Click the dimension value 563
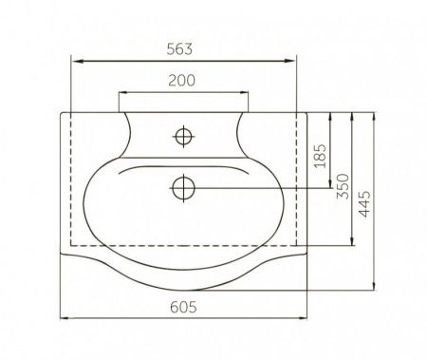click(x=179, y=49)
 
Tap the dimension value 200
click(x=181, y=81)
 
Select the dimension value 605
click(x=183, y=307)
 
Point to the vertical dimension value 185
click(x=321, y=156)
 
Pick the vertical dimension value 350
click(x=343, y=186)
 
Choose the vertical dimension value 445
click(x=364, y=204)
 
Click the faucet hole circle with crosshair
click(x=183, y=137)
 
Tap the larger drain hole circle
click(x=183, y=188)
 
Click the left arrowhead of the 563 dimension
click(x=77, y=61)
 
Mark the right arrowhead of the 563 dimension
click(x=290, y=61)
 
